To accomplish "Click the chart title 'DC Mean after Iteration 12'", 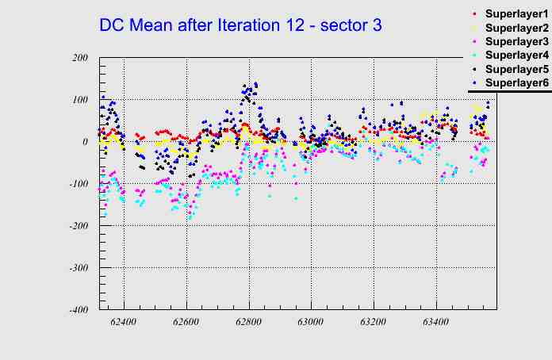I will (240, 25).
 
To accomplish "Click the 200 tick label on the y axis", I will (79, 58).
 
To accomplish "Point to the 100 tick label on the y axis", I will (79, 100).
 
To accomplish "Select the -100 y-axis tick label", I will (77, 184).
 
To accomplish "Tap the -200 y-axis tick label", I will (77, 226).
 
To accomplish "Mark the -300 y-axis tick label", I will (77, 268).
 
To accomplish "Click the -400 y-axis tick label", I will (77, 310).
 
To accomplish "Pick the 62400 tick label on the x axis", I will (124, 323).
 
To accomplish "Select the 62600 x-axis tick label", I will (186, 323).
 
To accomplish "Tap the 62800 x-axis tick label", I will (248, 323).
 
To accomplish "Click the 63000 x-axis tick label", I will (310, 323).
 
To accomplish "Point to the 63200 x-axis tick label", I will (373, 323).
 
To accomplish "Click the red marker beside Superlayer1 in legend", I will (473, 14).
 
